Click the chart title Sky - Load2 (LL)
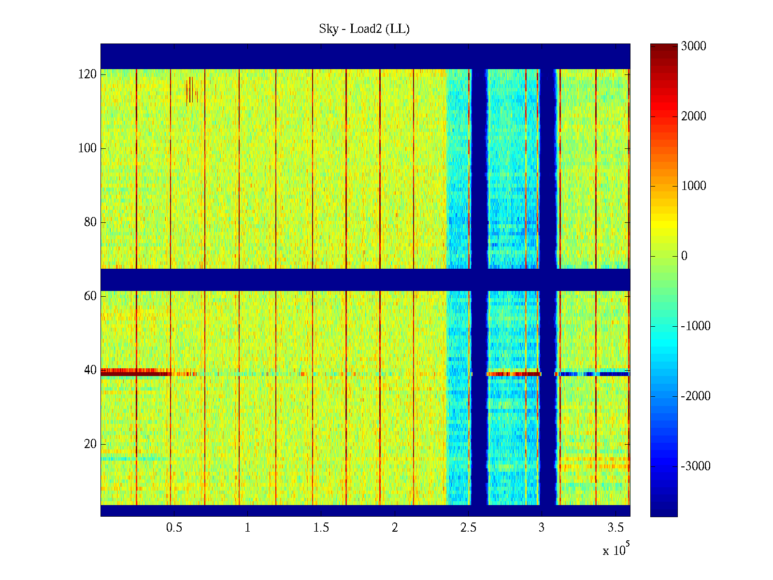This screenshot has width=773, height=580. [x=364, y=29]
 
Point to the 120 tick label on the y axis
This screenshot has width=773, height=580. [x=87, y=74]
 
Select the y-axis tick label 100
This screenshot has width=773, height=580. [x=87, y=148]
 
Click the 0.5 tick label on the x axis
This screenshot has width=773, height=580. [x=174, y=528]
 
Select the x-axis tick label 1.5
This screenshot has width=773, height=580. [x=321, y=528]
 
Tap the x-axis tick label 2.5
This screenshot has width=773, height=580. [x=468, y=528]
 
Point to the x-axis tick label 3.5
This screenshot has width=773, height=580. [x=616, y=528]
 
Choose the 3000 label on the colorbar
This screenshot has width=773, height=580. [x=694, y=46]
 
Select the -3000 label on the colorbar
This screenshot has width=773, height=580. [x=696, y=466]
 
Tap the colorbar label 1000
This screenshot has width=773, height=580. [x=694, y=186]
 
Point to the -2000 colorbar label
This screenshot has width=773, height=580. [x=696, y=396]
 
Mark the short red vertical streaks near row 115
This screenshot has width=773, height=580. [x=191, y=90]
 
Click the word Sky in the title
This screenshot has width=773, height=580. [x=329, y=29]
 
